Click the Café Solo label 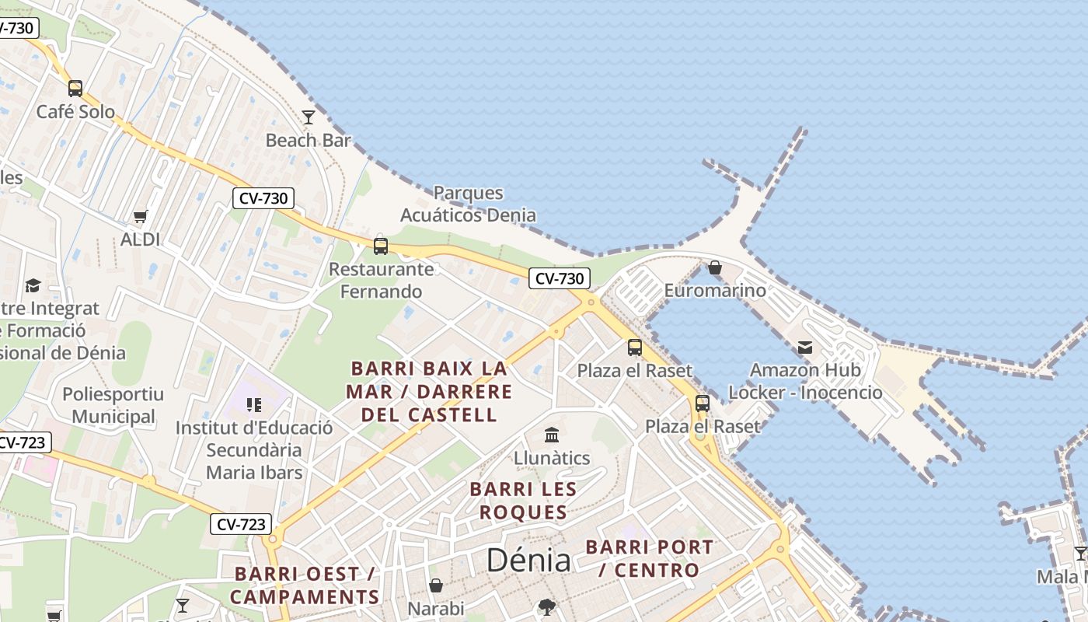pos(75,112)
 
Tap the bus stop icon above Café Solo pos(75,89)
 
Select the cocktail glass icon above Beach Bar pos(309,117)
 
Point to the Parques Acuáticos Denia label pos(468,204)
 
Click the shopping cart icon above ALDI pos(141,216)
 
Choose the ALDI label pos(141,239)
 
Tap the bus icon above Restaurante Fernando pos(381,246)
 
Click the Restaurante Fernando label pos(381,281)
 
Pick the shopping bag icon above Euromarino pos(715,267)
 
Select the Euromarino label pos(715,291)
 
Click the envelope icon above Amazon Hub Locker pos(805,347)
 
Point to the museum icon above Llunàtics pos(552,435)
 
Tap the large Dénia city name pos(528,561)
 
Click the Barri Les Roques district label pos(523,501)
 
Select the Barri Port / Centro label pos(649,558)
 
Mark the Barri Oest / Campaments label pos(305,585)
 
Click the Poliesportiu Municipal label pos(113,405)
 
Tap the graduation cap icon pos(33,285)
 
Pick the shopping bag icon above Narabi pos(436,585)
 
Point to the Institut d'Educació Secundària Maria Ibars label pos(254,450)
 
